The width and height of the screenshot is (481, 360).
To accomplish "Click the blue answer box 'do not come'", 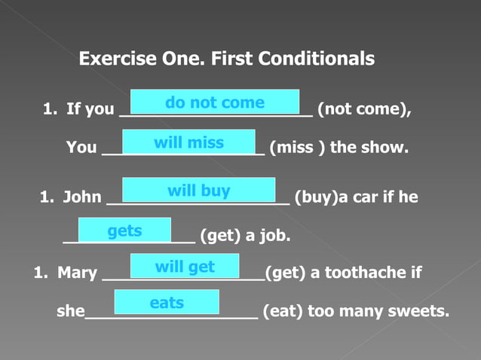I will [x=215, y=102].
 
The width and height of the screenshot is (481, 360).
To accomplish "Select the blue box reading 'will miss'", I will [x=188, y=142].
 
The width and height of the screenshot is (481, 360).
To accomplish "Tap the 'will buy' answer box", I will [x=198, y=190].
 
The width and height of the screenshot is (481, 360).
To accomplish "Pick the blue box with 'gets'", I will [x=124, y=230].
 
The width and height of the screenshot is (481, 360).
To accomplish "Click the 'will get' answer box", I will [x=185, y=266].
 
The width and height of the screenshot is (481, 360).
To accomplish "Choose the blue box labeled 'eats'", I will [x=167, y=302].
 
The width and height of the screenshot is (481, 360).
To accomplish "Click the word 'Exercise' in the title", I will [x=115, y=58].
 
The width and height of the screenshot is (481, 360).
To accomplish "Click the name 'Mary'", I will [x=77, y=273].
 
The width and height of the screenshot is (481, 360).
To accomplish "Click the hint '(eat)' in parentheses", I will [x=282, y=310].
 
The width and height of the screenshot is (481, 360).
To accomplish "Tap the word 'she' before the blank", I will [x=70, y=310].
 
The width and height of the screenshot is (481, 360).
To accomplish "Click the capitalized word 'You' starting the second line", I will [x=81, y=148].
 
